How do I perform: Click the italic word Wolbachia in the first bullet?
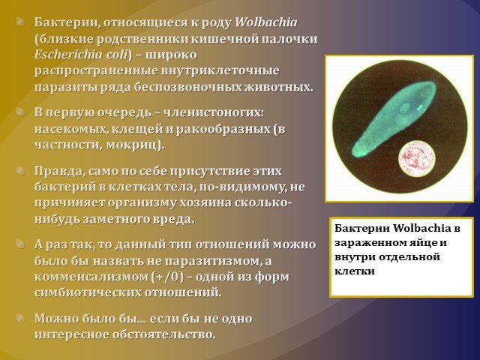266,22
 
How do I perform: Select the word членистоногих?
213,112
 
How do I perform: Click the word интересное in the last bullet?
72,334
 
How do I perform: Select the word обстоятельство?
163,334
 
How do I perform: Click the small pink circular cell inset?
417,158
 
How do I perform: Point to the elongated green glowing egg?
394,119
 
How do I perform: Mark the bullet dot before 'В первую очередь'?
20,112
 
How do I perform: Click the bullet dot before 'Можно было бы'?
20,318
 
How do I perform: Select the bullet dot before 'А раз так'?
20,244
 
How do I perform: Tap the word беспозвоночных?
187,87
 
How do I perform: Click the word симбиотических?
88,292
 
